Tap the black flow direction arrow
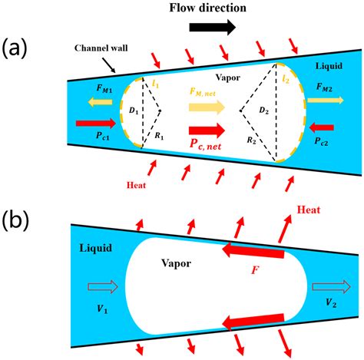[x=210, y=28]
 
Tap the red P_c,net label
[x=202, y=145]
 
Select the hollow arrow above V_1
[x=97, y=288]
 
